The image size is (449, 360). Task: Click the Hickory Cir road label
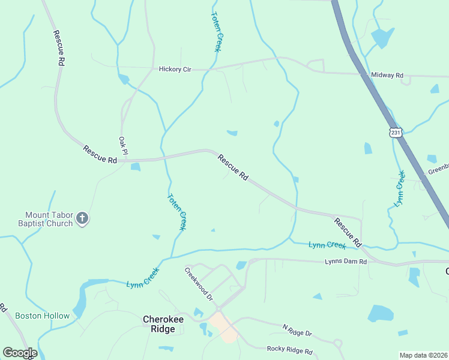[x=175, y=70]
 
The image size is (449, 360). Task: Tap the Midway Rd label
[x=387, y=76]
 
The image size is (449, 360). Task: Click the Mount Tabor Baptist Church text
[x=49, y=219]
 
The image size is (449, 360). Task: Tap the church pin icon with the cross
[x=83, y=220]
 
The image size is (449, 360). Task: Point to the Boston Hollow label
[x=42, y=316]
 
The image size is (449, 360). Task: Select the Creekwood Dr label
[x=199, y=284]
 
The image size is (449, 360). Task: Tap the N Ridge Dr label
[x=297, y=330]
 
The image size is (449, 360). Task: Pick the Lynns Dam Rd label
[x=345, y=261]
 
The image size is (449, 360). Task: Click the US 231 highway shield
[x=394, y=132]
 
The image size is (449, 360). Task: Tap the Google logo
[x=20, y=353]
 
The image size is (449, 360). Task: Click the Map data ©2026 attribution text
[x=424, y=355]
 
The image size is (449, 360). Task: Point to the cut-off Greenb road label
[x=438, y=171]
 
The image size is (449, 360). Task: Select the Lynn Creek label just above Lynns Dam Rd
[x=327, y=245]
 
